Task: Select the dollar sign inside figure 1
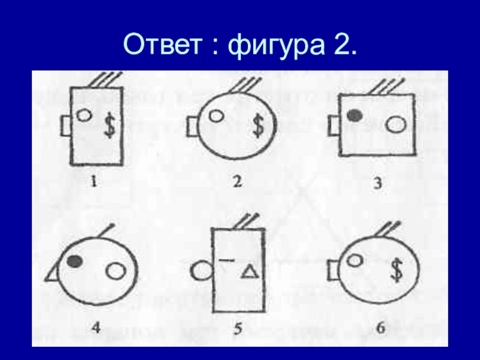coord(109,125)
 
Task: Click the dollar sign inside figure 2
coord(259,125)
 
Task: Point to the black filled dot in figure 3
coord(355,115)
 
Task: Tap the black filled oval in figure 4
coord(75,261)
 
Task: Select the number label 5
coord(238,329)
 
